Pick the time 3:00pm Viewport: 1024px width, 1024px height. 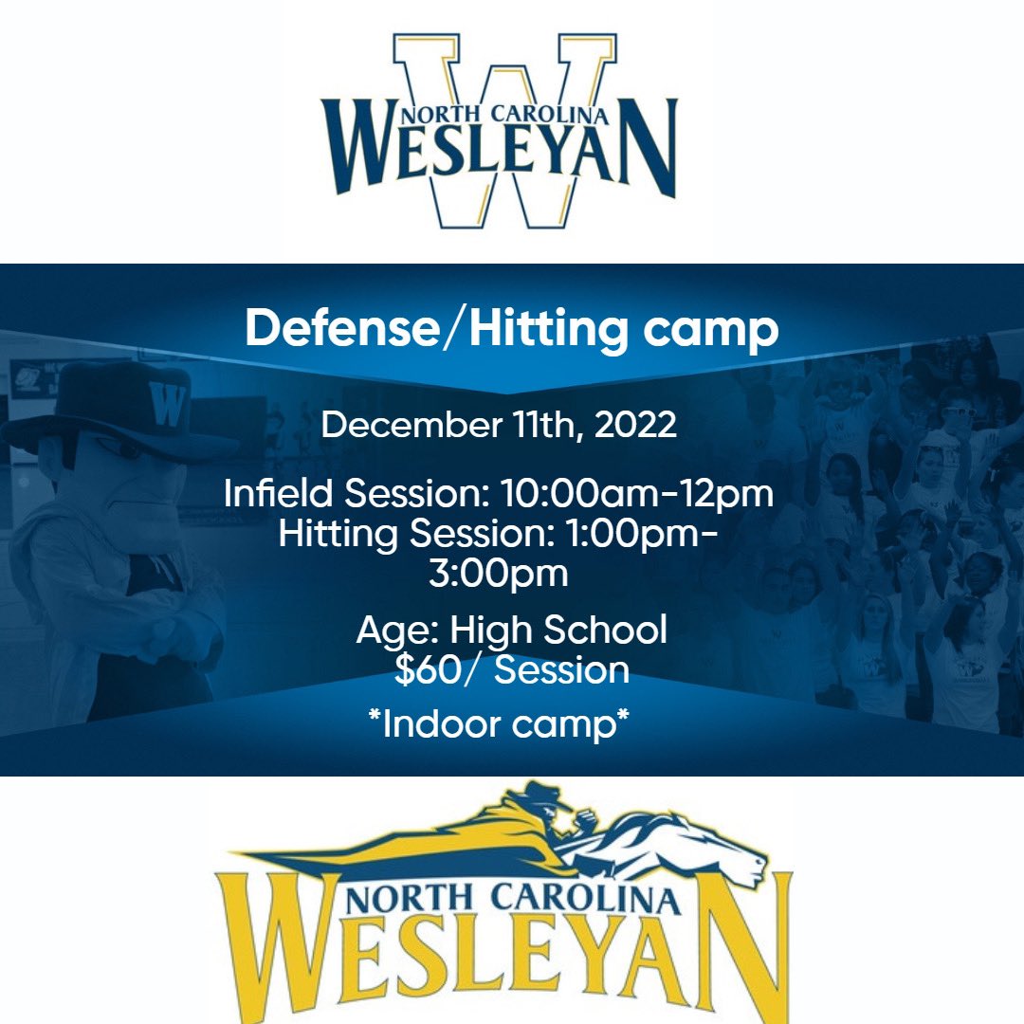tap(498, 573)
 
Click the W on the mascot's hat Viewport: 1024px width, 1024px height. tap(167, 405)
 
